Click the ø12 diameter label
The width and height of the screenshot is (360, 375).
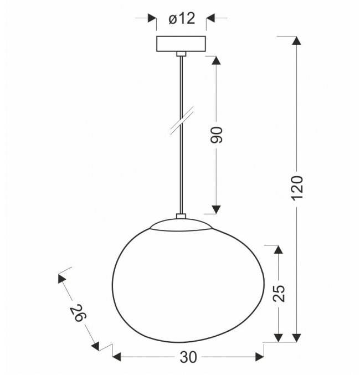[x=182, y=18]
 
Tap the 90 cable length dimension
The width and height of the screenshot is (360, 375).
[x=217, y=135]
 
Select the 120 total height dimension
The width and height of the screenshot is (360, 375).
[x=297, y=187]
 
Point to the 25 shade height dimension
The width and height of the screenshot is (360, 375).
[x=279, y=294]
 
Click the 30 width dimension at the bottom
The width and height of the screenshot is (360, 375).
[x=188, y=357]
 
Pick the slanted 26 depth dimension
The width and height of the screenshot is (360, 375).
[x=78, y=313]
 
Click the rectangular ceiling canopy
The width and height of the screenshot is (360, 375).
[x=181, y=44]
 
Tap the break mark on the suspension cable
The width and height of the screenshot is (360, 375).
[x=182, y=121]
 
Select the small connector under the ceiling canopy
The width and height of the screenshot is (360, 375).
[x=181, y=54]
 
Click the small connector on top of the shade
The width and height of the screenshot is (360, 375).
[x=181, y=216]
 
